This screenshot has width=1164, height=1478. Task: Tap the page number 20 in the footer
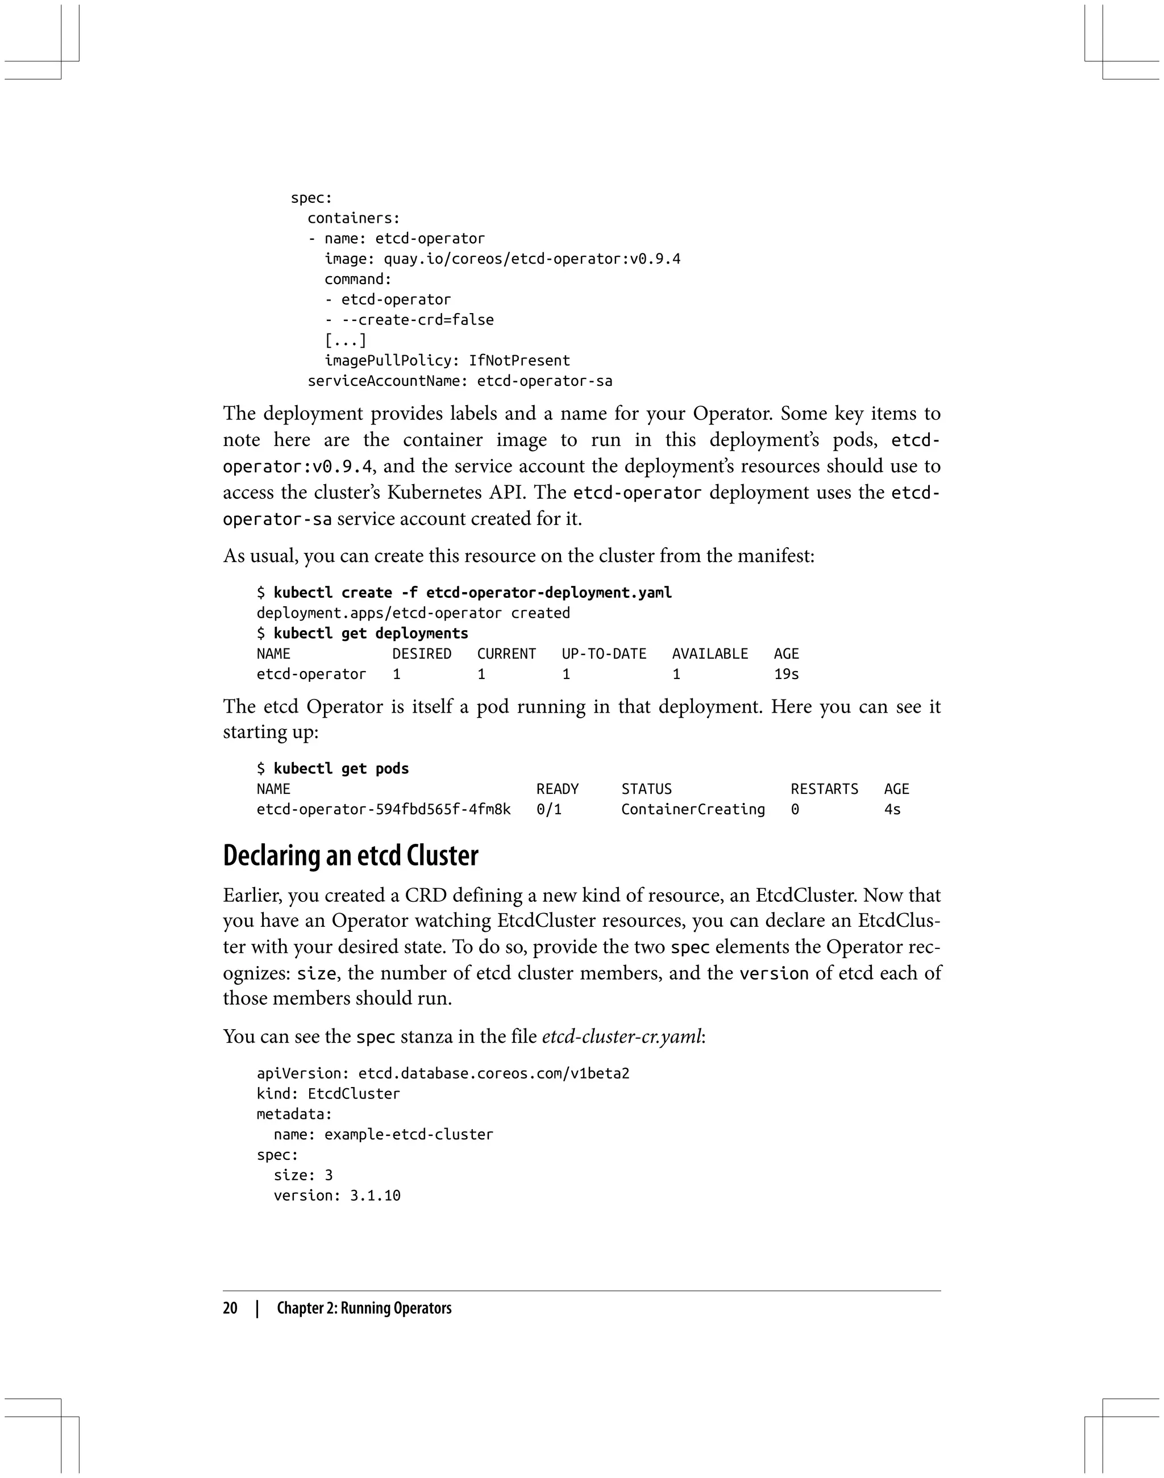point(230,1308)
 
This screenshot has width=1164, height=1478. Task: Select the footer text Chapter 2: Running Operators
point(364,1308)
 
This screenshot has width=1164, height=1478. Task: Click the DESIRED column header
point(421,653)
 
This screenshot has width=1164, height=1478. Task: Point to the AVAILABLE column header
point(709,653)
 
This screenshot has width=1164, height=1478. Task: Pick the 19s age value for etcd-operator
point(786,674)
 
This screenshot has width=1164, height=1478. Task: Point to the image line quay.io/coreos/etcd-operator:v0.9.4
point(502,259)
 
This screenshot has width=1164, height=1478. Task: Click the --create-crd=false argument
point(417,319)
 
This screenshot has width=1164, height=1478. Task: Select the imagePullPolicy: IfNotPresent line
point(447,360)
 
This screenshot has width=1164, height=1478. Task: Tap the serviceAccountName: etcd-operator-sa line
point(459,381)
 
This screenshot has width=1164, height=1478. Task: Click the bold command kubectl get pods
point(341,769)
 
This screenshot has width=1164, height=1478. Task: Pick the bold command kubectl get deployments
point(371,633)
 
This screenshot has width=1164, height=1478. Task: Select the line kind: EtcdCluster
point(328,1094)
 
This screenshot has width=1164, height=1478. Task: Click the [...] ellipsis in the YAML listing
point(345,340)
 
